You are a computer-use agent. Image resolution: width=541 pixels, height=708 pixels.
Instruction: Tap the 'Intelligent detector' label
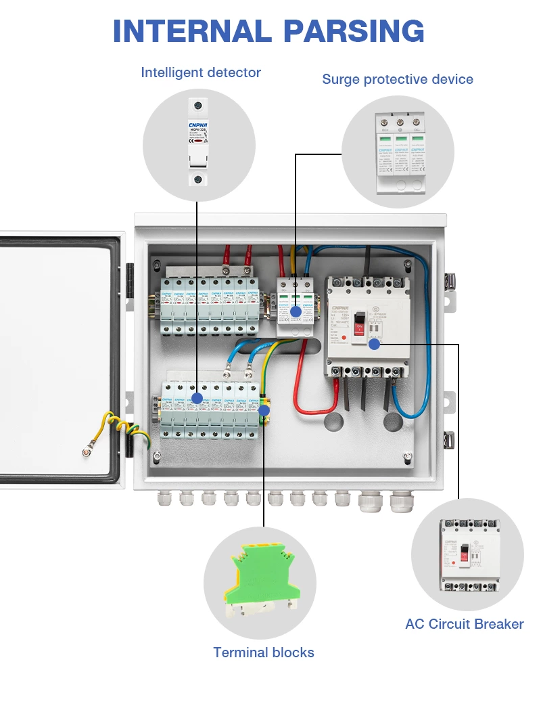point(201,72)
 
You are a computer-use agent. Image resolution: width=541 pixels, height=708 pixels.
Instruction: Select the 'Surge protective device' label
point(398,79)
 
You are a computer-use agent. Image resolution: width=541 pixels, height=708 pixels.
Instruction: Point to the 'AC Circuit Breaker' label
point(465,624)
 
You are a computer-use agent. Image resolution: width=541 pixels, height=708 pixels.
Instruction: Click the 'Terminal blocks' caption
point(264,652)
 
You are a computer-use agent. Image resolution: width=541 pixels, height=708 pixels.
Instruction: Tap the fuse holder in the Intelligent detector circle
point(197,142)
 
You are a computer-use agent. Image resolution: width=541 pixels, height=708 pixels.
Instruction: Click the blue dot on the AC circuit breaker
point(374,345)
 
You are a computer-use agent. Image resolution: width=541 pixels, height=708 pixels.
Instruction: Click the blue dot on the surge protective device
point(296,312)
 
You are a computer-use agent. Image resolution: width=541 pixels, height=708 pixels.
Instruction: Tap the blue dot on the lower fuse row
point(197,398)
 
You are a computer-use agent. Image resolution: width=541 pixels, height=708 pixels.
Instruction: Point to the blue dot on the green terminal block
point(264,410)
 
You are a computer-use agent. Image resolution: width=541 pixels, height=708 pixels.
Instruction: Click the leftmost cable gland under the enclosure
point(164,500)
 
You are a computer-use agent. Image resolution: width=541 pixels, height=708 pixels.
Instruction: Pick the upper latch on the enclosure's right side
point(449,278)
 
